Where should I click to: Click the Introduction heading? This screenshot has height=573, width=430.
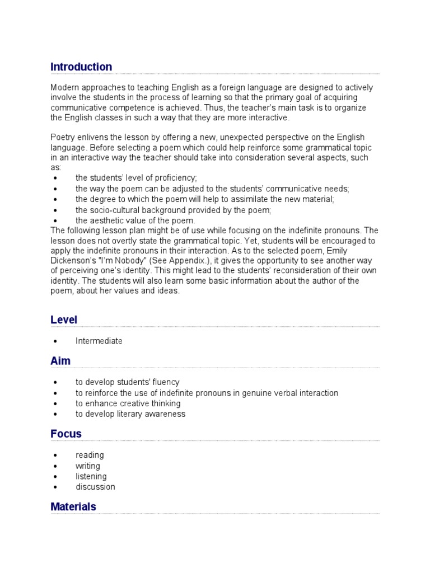[81, 67]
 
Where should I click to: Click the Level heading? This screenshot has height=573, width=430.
[64, 320]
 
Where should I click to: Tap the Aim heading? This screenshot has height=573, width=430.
[60, 361]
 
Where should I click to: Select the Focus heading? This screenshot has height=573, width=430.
[66, 434]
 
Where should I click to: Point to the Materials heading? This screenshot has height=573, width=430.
[73, 506]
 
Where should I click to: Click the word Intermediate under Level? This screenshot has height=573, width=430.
[99, 341]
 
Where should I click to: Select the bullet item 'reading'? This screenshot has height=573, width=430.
[90, 455]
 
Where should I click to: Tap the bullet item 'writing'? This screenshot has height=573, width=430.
[88, 466]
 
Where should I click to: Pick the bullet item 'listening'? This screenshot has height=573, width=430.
[91, 476]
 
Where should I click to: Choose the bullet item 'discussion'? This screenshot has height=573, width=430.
[95, 487]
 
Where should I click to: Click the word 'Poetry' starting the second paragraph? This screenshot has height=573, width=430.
[62, 137]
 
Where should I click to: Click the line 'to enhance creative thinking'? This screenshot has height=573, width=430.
[128, 403]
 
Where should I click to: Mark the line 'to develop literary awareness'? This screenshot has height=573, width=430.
[130, 414]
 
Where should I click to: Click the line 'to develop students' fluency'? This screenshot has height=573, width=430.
[127, 382]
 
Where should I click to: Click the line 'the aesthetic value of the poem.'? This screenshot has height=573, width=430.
[135, 220]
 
